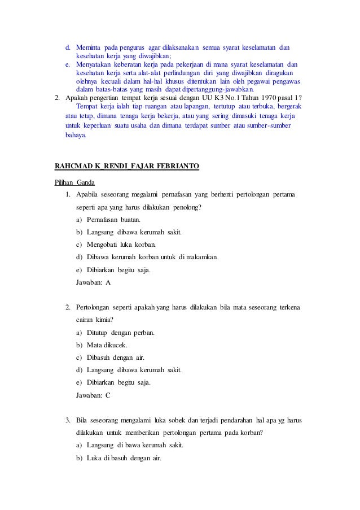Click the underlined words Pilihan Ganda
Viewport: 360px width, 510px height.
pyautogui.click(x=74, y=182)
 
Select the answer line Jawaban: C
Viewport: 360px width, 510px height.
pyautogui.click(x=93, y=395)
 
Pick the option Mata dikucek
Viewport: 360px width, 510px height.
pyautogui.click(x=107, y=345)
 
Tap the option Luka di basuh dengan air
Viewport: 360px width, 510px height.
pyautogui.click(x=124, y=457)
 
